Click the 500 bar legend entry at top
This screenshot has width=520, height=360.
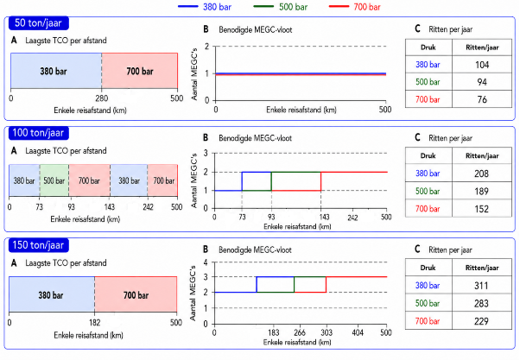(x=280, y=7)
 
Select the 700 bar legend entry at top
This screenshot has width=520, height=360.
(x=355, y=7)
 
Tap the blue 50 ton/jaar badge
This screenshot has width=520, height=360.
(x=39, y=22)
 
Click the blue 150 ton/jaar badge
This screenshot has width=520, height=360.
(x=39, y=245)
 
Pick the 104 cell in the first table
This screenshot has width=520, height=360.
(x=482, y=65)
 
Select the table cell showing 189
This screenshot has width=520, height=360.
(x=481, y=192)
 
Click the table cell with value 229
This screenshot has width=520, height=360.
(x=481, y=321)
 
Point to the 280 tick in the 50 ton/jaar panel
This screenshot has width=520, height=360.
(x=101, y=98)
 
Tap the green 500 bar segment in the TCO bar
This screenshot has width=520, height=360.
(x=54, y=180)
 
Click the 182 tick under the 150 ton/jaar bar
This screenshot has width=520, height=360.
(x=94, y=323)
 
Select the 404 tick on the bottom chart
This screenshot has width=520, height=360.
(x=357, y=332)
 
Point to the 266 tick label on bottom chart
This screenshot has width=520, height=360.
(x=300, y=332)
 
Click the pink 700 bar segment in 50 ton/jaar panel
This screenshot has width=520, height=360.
(x=140, y=71)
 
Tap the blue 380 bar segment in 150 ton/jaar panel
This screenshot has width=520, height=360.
(x=52, y=294)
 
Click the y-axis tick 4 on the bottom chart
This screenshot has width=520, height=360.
(x=206, y=262)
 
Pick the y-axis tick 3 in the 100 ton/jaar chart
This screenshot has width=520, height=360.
(x=206, y=153)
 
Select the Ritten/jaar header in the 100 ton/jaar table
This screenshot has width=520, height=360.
(x=482, y=155)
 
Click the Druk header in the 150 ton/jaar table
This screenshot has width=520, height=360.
(x=428, y=268)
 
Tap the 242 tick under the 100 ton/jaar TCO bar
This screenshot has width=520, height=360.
(x=148, y=207)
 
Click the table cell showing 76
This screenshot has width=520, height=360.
(x=482, y=99)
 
